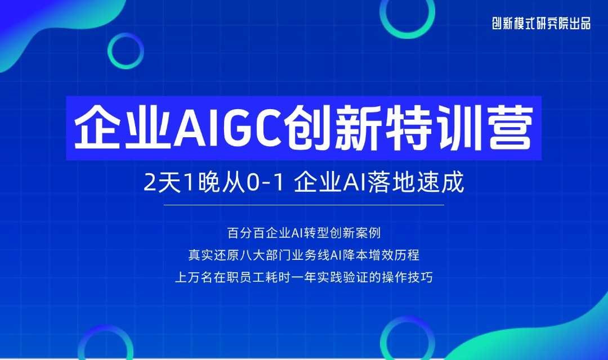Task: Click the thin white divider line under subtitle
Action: [303, 205]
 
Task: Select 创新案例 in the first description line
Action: [355, 233]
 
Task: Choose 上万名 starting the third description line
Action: [194, 277]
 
